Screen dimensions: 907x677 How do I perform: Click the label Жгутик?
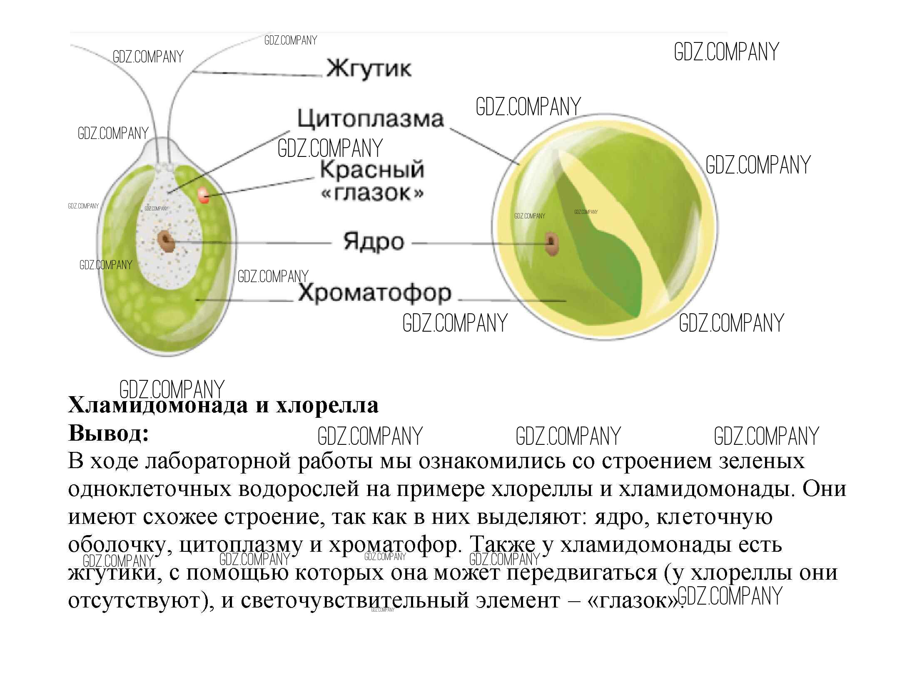click(369, 69)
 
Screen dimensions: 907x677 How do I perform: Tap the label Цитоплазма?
click(371, 119)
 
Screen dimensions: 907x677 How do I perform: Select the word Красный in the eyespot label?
click(372, 170)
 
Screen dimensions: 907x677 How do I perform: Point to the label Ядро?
click(374, 241)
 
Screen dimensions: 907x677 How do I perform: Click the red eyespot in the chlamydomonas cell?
click(203, 195)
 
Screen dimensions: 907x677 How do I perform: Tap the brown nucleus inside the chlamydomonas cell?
click(167, 241)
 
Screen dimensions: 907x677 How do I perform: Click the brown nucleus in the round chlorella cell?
click(551, 244)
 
